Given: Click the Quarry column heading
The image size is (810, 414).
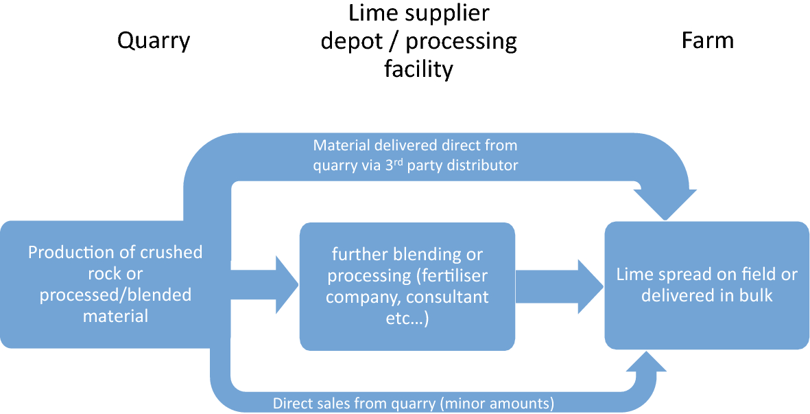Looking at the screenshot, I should click(x=154, y=41).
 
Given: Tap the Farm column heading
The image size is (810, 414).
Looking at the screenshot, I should click(x=707, y=41).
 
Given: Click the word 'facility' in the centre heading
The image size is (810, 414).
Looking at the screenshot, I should click(x=418, y=69).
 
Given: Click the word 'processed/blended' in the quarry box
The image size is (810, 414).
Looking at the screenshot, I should click(x=115, y=295).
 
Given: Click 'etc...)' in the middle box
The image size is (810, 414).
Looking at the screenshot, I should click(x=407, y=319).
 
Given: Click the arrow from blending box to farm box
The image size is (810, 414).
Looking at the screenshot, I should click(x=556, y=286).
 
